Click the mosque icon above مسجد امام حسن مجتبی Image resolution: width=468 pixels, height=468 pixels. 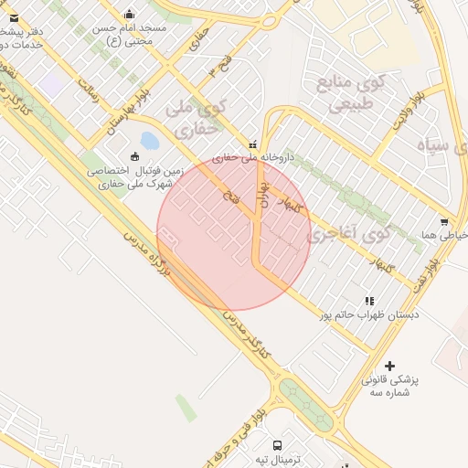[x=129, y=14]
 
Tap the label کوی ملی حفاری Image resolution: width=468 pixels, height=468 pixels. [x=194, y=119]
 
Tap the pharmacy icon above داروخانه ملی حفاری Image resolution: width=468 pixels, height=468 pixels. [x=253, y=144]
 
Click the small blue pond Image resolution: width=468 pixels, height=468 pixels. [x=150, y=141]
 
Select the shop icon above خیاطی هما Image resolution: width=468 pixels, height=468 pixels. [x=444, y=221]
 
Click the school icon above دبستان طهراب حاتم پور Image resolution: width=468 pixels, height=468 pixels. [x=369, y=300]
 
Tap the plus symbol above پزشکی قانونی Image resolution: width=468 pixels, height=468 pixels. [x=390, y=366]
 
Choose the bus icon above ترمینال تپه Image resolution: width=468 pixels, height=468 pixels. [x=277, y=445]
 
